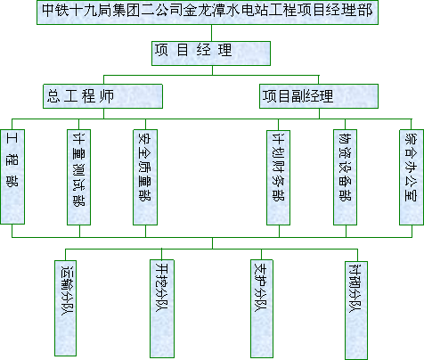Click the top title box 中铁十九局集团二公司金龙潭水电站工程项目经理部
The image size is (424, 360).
click(208, 12)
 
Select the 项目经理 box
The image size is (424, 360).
click(211, 53)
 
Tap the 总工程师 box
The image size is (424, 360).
click(102, 96)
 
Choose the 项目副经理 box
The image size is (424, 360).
click(319, 96)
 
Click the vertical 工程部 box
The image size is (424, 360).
click(12, 176)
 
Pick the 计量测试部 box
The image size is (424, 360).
click(79, 177)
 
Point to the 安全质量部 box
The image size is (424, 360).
click(145, 177)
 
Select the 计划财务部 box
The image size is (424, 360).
click(278, 177)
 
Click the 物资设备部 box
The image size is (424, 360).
click(345, 177)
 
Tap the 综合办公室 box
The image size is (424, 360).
click(412, 177)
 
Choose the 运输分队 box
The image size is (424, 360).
click(65, 308)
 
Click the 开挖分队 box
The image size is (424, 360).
click(162, 308)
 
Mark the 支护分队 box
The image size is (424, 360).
click(262, 308)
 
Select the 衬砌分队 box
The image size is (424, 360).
click(356, 310)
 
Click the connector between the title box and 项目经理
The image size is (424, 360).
click(212, 33)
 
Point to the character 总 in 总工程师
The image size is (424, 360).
click(53, 96)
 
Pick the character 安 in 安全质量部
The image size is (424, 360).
click(145, 138)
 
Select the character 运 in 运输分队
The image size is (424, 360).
click(68, 271)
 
